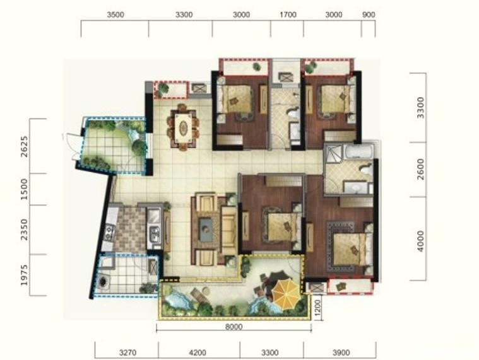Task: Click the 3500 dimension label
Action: tap(115, 15)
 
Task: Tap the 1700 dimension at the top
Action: tap(288, 15)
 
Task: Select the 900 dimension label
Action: tap(369, 15)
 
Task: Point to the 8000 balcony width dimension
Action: tap(234, 327)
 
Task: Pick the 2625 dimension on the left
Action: tap(24, 146)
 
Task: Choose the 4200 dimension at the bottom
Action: tap(198, 352)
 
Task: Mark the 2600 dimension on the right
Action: tap(421, 169)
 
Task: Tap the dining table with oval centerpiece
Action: tap(183, 126)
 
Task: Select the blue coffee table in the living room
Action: tap(206, 229)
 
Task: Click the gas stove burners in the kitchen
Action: tap(109, 232)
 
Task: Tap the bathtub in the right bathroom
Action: tap(358, 151)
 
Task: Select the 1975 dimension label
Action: tap(24, 275)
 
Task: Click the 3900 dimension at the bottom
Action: tap(341, 352)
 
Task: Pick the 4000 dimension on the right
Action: tap(421, 241)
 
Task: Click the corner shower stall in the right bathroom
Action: tap(334, 153)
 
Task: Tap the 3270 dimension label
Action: tap(127, 352)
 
